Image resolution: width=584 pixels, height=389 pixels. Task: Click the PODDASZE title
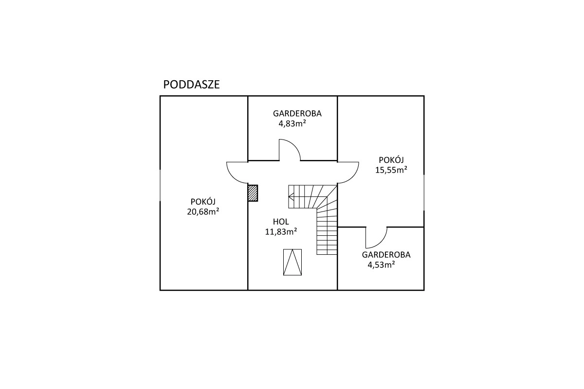coord(191,85)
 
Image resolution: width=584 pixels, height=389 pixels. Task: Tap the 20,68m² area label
coord(203,212)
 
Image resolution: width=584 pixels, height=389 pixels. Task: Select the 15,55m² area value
coord(391,170)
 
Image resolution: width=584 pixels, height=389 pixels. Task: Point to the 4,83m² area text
coord(292,124)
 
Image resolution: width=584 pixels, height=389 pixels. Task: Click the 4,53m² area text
coord(381,265)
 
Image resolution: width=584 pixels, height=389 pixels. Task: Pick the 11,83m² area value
coord(281,231)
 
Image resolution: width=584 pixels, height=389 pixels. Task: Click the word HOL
coord(281,222)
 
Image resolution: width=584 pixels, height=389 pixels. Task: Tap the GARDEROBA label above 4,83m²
coord(297,114)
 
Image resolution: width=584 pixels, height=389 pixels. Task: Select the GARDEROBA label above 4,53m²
coord(386,255)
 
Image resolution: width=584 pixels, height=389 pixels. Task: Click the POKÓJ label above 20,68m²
coord(203,202)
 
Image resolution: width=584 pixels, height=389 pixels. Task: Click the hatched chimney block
coord(253,193)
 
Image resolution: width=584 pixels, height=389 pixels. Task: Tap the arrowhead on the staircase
coord(291,197)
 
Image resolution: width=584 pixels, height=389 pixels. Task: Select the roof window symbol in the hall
coord(292,262)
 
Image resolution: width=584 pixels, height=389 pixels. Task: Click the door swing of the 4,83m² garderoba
coord(297,147)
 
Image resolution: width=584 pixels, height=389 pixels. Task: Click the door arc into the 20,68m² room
coord(232,177)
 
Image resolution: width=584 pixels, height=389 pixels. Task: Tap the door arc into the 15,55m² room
coord(353,177)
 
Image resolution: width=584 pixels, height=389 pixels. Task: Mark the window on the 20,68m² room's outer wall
coord(160,185)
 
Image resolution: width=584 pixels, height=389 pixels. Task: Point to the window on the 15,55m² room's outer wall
coord(424,193)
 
